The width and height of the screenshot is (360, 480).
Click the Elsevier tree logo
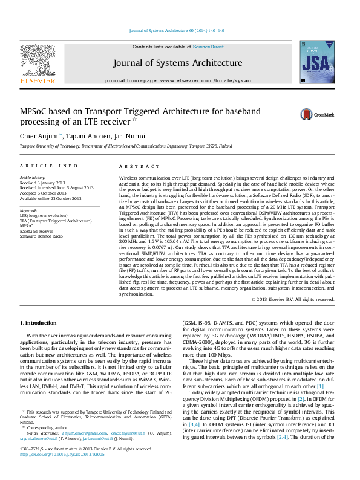click(38, 63)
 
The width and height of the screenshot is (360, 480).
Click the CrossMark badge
click(315, 115)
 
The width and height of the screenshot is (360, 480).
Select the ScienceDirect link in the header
click(209, 47)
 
